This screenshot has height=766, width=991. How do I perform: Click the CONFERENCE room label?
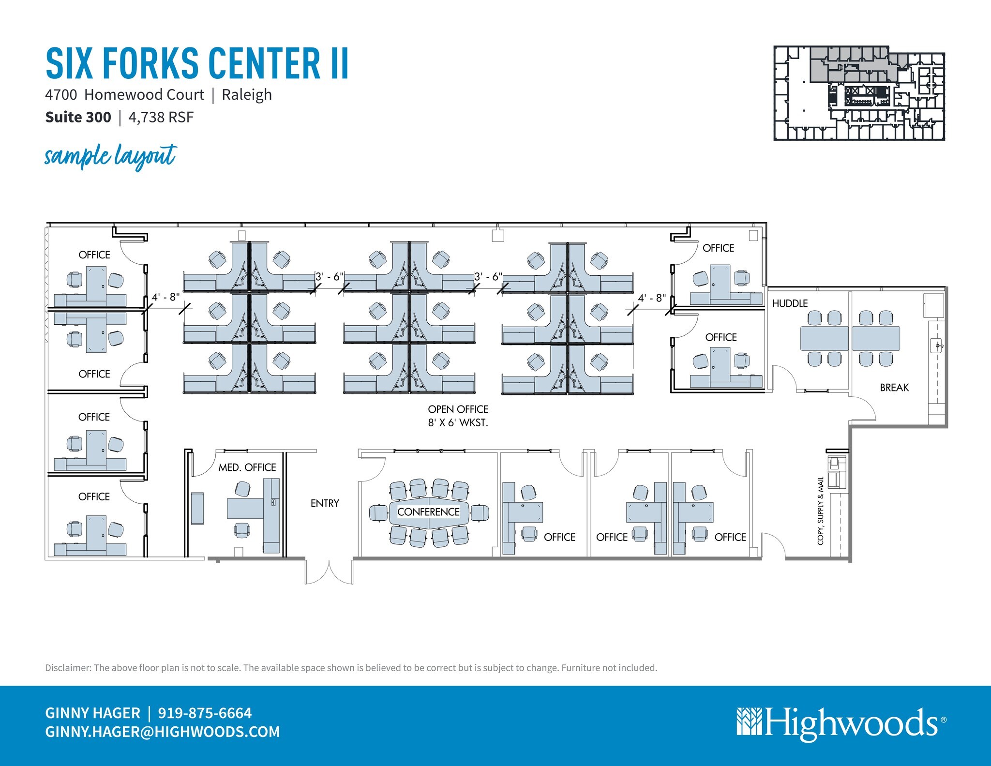tap(428, 512)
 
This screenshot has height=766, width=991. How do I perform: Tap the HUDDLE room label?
tap(790, 303)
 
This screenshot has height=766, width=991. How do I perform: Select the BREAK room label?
tap(894, 388)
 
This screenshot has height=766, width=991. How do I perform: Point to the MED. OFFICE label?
tap(247, 467)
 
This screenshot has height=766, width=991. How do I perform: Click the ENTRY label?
tap(325, 503)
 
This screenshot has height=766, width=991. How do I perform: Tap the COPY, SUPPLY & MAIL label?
tap(820, 511)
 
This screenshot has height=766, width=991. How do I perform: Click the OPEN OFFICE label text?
tap(458, 409)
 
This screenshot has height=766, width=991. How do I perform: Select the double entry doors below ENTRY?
tap(329, 572)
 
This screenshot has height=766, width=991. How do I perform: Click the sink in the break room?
tap(937, 345)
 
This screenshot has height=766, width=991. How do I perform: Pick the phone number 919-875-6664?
tap(205, 713)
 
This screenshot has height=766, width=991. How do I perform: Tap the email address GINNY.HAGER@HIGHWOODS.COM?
tap(163, 732)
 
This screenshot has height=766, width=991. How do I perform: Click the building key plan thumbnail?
tap(859, 93)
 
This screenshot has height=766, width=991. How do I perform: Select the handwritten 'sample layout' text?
tap(111, 156)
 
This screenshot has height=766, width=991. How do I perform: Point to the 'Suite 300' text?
tap(78, 117)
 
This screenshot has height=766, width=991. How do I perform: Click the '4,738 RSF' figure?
tap(161, 117)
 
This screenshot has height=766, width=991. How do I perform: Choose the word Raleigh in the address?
tap(247, 95)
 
